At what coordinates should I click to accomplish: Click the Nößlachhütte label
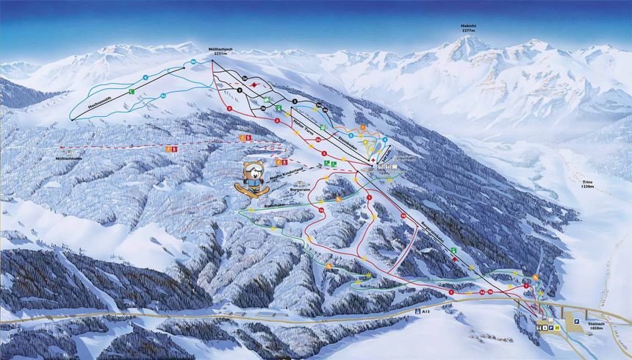point(71,158)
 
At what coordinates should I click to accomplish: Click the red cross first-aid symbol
point(373,158)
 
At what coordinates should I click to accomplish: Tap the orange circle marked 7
point(363,128)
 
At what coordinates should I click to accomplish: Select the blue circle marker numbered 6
point(146,77)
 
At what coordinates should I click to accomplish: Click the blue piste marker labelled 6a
point(194,62)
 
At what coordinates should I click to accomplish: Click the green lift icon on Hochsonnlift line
point(131,92)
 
